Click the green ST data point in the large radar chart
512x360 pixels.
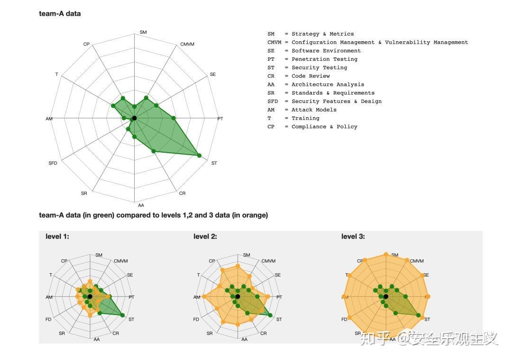pyautogui.click(x=199, y=156)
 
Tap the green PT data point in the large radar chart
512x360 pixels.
pyautogui.click(x=174, y=118)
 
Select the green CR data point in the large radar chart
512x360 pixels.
pyautogui.click(x=153, y=151)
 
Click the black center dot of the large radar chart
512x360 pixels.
pyautogui.click(x=134, y=118)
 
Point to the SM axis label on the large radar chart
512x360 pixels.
pyautogui.click(x=143, y=32)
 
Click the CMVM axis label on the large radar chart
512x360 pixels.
pyautogui.click(x=187, y=45)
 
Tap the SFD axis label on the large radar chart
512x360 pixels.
pyautogui.click(x=53, y=163)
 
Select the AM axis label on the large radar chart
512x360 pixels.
pyautogui.click(x=49, y=119)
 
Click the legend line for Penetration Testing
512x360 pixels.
pyautogui.click(x=312, y=59)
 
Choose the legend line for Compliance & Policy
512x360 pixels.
pyautogui.click(x=312, y=127)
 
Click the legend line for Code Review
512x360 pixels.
pyautogui.click(x=298, y=76)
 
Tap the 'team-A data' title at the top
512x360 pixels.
pyautogui.click(x=60, y=14)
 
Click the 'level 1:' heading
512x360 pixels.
pyautogui.click(x=57, y=236)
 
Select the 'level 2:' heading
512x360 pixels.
pyautogui.click(x=205, y=236)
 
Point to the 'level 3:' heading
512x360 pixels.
pyautogui.click(x=353, y=236)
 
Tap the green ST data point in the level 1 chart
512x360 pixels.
pyautogui.click(x=122, y=315)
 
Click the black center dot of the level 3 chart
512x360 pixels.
pyautogui.click(x=385, y=297)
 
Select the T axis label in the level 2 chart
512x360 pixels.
pyautogui.click(x=199, y=275)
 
